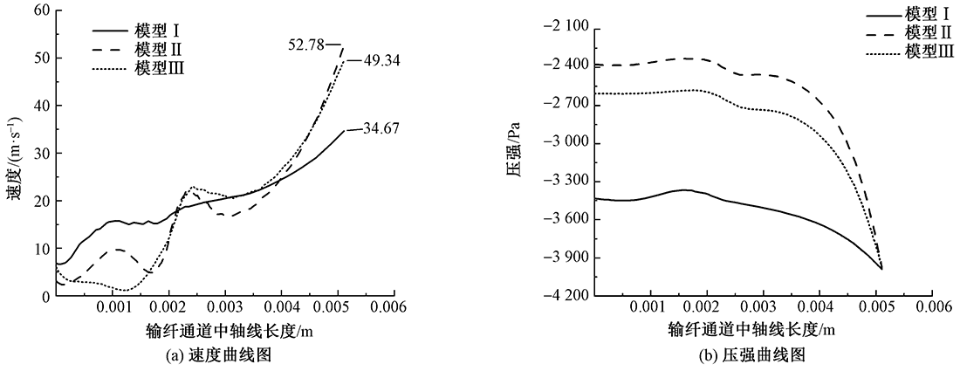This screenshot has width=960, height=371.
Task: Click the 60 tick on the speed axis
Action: tap(38, 10)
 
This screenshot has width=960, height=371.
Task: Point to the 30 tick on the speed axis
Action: tap(38, 153)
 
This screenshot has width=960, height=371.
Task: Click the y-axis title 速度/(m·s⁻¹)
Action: tap(12, 154)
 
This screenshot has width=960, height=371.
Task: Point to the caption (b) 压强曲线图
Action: tap(763, 354)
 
